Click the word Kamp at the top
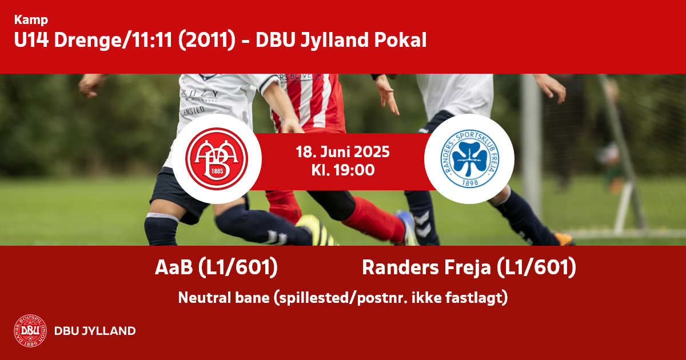pos(31,20)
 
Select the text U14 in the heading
pos(31,40)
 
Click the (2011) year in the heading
pos(207,41)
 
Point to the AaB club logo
pos(217,159)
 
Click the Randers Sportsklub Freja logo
pos(469,159)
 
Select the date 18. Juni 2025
pos(342,152)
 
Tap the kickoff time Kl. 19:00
pos(342,170)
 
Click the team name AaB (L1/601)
pos(216,267)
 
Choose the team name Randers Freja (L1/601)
pos(469,267)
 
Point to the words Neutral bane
pos(224,298)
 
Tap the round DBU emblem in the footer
pos(30,331)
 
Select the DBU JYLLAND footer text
pos(95,331)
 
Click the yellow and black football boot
pos(317,230)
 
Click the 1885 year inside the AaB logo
pos(217,171)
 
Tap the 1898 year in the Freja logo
pos(470,183)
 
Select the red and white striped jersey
pos(309,102)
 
